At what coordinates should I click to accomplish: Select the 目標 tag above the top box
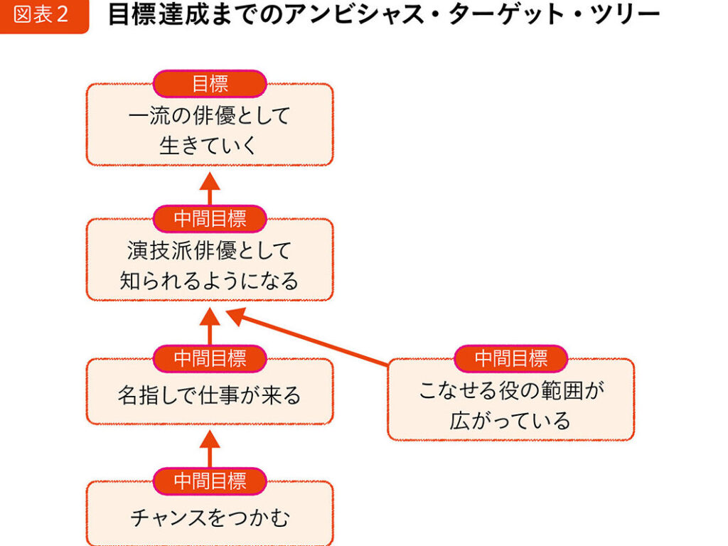coord(210,84)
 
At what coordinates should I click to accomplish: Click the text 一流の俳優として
coord(210,115)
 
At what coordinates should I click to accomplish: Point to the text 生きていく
coord(210,145)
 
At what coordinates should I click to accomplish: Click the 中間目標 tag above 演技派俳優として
coord(210,219)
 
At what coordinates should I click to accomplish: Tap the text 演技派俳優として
coord(210,250)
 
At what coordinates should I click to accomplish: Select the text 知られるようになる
coord(210,281)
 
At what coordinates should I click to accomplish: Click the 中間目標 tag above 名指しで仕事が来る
coord(210,358)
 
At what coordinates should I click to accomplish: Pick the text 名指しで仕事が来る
coord(210,395)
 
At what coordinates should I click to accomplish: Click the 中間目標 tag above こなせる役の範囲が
coord(510,358)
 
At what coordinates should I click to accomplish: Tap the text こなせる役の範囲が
coord(510,390)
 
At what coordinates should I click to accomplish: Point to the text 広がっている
coord(510,420)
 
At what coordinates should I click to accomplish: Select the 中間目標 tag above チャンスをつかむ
coord(210,481)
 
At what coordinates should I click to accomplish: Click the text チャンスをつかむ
coord(210,518)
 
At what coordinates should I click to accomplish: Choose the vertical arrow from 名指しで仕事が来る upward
coord(210,326)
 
